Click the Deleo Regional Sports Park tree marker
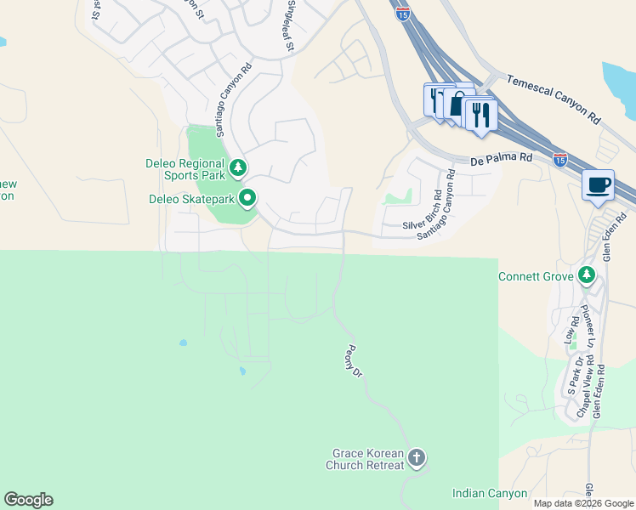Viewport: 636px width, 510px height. [x=239, y=167]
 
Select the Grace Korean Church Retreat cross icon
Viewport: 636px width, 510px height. [x=416, y=458]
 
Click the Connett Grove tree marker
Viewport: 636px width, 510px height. [x=586, y=275]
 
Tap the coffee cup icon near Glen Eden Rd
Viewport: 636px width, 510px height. [x=598, y=184]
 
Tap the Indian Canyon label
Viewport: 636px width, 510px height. [x=489, y=493]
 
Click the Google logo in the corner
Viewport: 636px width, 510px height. [x=28, y=500]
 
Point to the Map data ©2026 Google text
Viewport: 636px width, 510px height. [x=582, y=503]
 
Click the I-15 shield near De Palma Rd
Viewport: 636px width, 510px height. [x=559, y=159]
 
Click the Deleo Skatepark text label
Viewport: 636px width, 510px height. [x=191, y=200]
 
